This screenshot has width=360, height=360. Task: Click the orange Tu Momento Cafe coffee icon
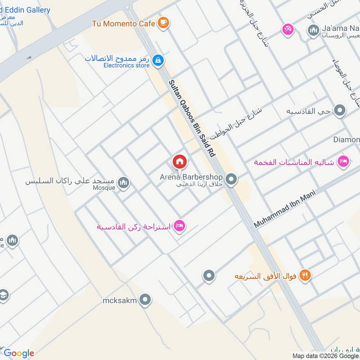(163, 23)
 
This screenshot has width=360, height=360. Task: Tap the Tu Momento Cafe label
(124, 23)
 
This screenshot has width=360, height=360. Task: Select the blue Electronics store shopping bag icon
(157, 60)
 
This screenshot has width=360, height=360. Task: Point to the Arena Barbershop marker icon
(231, 180)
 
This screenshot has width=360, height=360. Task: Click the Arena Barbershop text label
(192, 177)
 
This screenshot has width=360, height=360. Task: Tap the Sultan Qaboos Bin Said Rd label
(191, 118)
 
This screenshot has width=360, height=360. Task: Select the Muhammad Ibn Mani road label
(285, 209)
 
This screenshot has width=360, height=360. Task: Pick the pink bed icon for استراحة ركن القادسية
(179, 226)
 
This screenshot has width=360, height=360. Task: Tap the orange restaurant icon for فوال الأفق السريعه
(305, 275)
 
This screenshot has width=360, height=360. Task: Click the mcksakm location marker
(145, 300)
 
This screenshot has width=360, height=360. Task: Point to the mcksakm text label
(119, 300)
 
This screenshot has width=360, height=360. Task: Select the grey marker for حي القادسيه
(341, 111)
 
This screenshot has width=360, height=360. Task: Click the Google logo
(18, 353)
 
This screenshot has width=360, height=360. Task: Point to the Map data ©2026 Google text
(325, 355)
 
